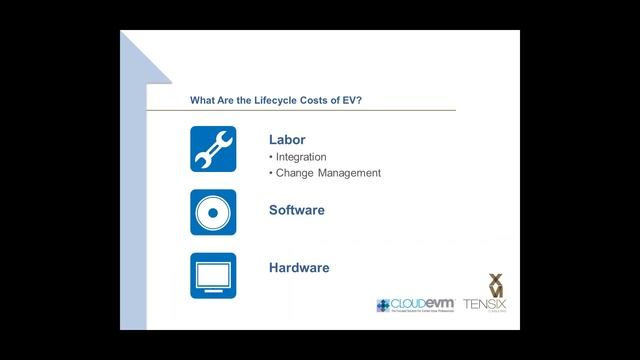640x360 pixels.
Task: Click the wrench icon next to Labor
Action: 213,149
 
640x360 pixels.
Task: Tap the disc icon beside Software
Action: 213,212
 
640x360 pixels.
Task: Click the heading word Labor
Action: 287,140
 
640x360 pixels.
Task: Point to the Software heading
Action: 297,210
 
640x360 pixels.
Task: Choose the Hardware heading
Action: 299,268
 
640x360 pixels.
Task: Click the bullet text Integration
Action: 301,157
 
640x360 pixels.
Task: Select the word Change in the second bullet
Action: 295,173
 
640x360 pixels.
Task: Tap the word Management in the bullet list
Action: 349,173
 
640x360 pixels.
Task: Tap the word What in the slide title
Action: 203,99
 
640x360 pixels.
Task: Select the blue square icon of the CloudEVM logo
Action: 384,305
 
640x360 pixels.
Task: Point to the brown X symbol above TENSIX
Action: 495,281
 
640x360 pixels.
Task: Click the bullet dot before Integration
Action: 271,157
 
